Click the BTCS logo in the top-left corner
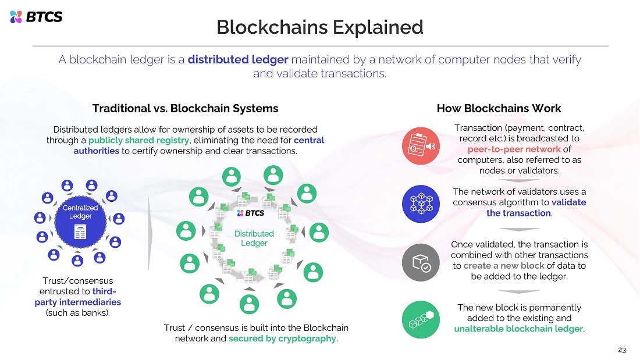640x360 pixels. coord(36,17)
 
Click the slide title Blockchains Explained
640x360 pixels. coord(319,27)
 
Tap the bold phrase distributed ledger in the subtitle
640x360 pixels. coord(238,59)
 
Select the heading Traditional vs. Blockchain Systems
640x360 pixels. coord(185,108)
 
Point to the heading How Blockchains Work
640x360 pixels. coord(499,108)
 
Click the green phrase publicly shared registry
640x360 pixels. coord(139,140)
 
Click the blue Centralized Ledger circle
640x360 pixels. coord(80,221)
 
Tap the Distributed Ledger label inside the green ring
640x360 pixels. coord(254,238)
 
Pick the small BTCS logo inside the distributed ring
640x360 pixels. coord(251,213)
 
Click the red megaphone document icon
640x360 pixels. coord(421,146)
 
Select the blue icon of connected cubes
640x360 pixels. coord(421,204)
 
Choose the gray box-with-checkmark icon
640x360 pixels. coord(421,262)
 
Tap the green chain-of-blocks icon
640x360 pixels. coord(421,320)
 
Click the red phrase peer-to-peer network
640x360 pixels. coord(514,149)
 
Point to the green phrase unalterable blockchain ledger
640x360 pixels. coord(518,329)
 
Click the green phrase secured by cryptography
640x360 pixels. coord(282,339)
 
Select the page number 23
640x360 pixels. coord(622,350)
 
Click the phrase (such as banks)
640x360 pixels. coord(77,313)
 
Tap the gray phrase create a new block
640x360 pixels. coord(504,266)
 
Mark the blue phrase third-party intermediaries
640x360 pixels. coord(78,297)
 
